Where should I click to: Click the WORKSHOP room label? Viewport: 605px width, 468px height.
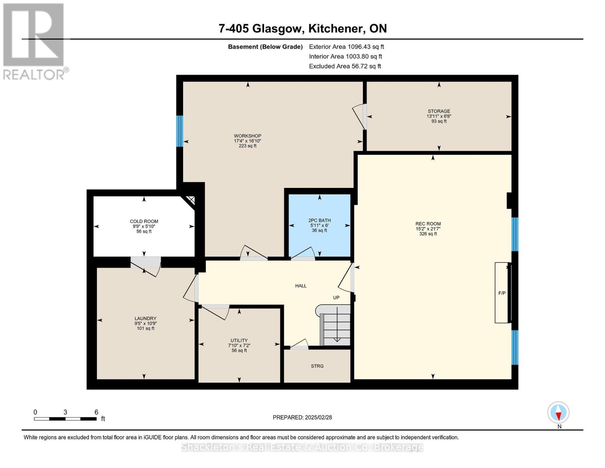tap(247, 136)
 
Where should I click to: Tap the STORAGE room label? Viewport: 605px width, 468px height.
tap(439, 112)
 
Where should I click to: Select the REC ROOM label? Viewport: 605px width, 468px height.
tap(428, 224)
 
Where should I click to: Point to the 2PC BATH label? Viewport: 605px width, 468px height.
tap(319, 221)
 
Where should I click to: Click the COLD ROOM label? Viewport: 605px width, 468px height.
tap(144, 222)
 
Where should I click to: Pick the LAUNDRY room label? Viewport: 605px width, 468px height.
tap(145, 319)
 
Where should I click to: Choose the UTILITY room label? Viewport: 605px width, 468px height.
tap(239, 340)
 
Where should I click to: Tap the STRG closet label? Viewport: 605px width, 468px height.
tap(317, 366)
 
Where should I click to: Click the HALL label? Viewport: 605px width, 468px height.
tap(301, 286)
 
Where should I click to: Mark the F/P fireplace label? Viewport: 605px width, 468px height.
tap(502, 293)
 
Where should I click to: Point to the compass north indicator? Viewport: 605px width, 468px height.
tap(558, 413)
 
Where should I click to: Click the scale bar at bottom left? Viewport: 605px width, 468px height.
tap(65, 418)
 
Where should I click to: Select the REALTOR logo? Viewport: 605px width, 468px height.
tap(34, 41)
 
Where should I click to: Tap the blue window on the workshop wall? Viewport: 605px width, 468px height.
tap(180, 131)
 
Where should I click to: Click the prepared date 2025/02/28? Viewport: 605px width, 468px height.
tap(302, 417)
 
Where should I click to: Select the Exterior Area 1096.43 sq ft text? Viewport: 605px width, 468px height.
tap(346, 47)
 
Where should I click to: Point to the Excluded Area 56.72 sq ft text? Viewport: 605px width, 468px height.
tap(345, 66)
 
